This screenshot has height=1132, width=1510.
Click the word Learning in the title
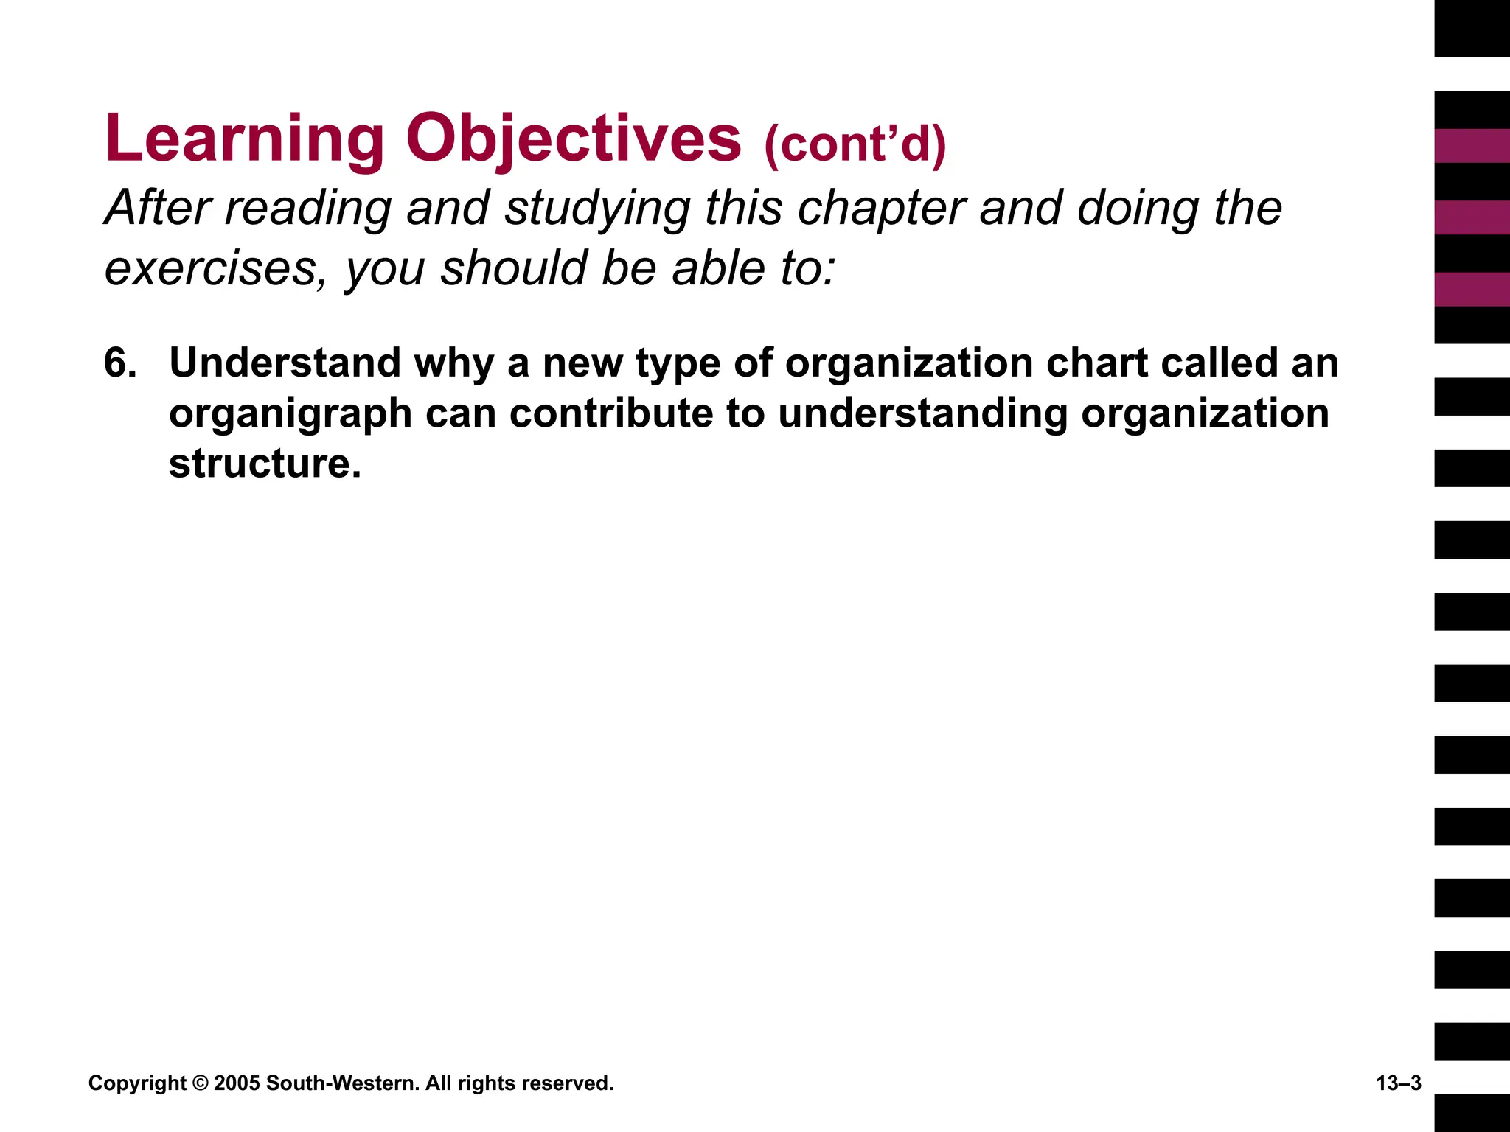point(244,140)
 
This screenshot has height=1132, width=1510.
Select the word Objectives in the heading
point(573,140)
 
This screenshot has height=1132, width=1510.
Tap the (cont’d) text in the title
point(855,144)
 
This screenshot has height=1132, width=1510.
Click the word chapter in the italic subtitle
point(881,209)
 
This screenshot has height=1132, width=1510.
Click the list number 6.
point(120,363)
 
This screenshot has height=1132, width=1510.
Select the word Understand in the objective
point(285,363)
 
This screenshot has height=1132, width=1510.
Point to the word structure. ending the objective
point(265,464)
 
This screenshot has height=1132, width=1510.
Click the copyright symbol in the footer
point(200,1083)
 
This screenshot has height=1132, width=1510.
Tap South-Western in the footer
point(342,1083)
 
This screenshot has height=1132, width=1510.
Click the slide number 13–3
point(1398,1083)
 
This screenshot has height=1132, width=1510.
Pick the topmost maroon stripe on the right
point(1472,146)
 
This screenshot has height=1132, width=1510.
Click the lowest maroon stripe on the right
point(1472,289)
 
